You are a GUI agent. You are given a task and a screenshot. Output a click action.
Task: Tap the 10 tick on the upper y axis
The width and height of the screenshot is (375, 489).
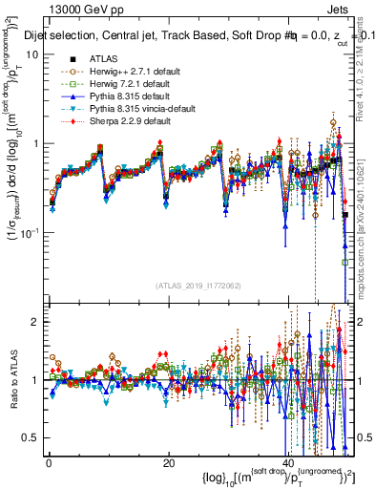tap(31, 53)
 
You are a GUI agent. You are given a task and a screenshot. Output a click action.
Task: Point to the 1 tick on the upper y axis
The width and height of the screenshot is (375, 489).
tap(34, 143)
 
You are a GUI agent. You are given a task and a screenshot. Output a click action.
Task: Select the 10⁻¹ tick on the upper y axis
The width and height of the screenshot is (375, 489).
tap(29, 233)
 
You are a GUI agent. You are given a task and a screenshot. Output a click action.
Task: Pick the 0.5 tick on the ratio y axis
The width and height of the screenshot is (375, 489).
tap(31, 437)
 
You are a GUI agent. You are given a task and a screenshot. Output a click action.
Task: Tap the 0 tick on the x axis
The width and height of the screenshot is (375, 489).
tap(48, 464)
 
